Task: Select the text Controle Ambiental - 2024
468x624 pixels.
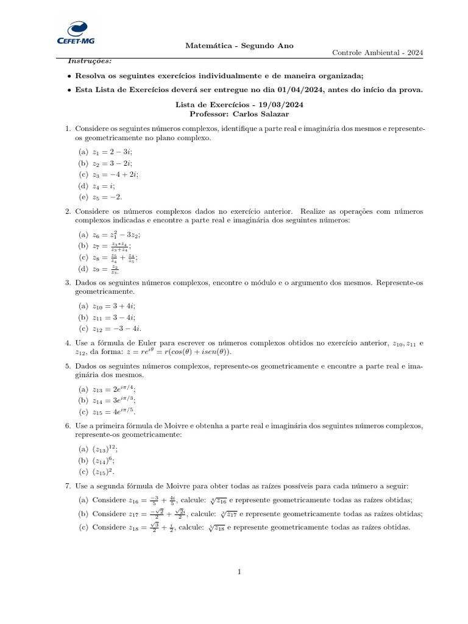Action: point(377,52)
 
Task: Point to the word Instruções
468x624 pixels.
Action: point(90,62)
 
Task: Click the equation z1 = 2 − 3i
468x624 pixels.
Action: point(113,152)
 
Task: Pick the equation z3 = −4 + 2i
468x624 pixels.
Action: point(116,175)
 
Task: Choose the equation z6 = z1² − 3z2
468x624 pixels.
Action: point(118,234)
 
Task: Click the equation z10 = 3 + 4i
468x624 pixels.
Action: point(114,305)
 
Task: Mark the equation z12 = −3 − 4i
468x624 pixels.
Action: point(117,328)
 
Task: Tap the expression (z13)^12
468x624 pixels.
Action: point(104,448)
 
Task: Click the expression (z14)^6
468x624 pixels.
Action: point(104,460)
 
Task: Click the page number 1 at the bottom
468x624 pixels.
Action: point(239,572)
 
